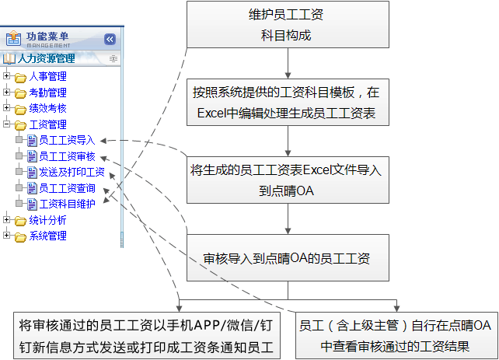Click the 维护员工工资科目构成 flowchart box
coord(288,26)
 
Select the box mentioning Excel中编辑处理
coord(288,102)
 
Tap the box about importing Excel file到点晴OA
coord(288,180)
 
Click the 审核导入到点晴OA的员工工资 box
coord(288,257)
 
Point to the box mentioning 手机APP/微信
coord(148,336)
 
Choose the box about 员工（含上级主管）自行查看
coord(396,336)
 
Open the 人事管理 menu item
coord(47,76)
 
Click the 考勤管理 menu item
coord(47,93)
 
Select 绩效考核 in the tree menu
coord(47,108)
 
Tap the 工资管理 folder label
coord(47,124)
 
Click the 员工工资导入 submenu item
coord(67,141)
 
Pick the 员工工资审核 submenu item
coord(67,156)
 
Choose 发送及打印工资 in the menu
coord(72,173)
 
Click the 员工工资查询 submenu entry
coord(67,188)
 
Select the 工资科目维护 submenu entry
coord(67,204)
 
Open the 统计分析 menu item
coord(47,220)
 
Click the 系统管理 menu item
coord(47,236)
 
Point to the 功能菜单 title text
coord(48,37)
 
